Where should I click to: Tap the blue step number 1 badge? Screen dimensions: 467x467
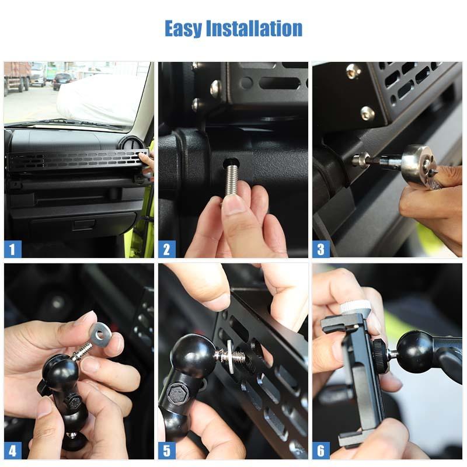[12, 249]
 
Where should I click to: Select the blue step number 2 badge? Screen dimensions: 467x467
[167, 249]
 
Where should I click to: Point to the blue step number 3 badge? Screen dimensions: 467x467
[321, 249]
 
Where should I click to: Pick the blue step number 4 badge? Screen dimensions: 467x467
[12, 451]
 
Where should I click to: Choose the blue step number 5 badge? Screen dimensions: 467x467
[167, 451]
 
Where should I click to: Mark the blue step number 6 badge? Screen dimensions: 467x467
[321, 451]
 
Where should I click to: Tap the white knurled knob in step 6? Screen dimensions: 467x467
[355, 307]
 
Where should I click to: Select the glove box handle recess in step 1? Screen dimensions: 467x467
[83, 225]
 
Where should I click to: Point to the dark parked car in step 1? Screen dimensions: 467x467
[63, 81]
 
